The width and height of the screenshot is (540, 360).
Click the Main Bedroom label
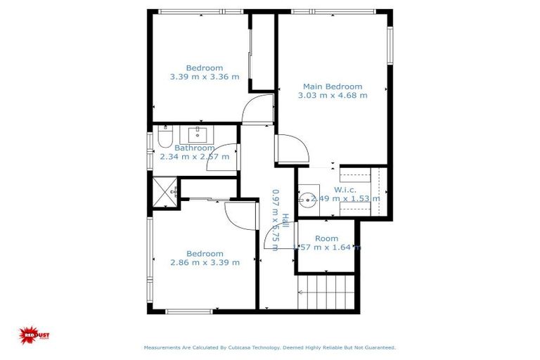(333, 86)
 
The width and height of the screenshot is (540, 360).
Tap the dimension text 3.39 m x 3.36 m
(205, 77)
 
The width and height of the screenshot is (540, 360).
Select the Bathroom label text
(195, 148)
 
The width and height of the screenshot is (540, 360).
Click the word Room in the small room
(326, 238)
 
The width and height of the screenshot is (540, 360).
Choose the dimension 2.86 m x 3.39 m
(205, 263)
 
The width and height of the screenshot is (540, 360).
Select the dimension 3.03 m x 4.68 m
(333, 96)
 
